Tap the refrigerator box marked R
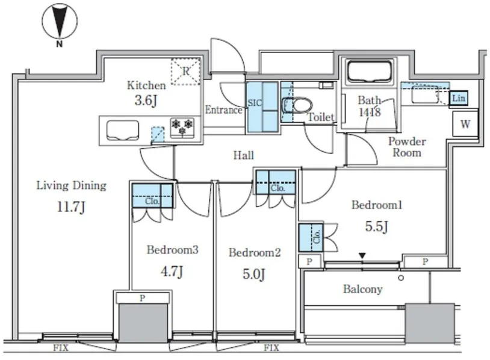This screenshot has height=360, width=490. point(185,71)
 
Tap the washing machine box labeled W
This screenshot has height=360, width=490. point(465,125)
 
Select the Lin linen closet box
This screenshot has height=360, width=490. point(459,98)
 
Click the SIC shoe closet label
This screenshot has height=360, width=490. point(254,103)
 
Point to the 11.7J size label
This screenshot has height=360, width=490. point(71,208)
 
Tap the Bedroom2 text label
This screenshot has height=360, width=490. point(255,253)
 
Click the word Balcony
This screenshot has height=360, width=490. point(362,290)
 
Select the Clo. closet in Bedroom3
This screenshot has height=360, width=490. point(152,196)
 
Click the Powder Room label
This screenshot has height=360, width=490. point(407,147)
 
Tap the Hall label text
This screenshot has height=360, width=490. point(244,156)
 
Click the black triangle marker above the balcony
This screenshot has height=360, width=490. point(362,256)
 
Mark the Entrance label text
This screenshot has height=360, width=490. point(224,110)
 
